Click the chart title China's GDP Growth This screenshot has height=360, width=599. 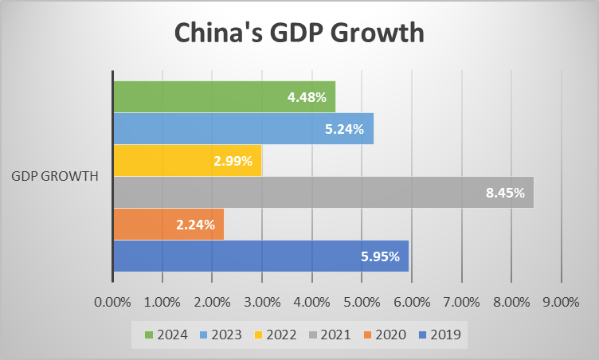click(299, 34)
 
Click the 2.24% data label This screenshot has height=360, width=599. click(195, 225)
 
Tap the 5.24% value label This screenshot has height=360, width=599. click(344, 129)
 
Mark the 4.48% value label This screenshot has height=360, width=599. click(307, 97)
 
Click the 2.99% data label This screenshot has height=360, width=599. click(233, 161)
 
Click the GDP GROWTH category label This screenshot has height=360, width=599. click(55, 176)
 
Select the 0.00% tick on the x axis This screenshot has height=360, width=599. click(112, 302)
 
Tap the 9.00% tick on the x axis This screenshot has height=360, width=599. click(562, 302)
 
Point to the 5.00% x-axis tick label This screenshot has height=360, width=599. click(362, 302)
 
